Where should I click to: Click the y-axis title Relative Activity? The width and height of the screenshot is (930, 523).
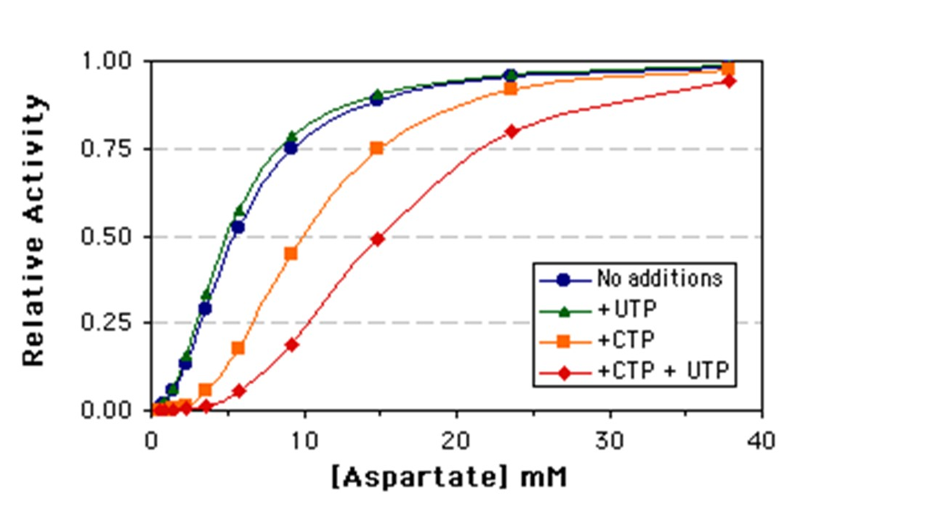34,231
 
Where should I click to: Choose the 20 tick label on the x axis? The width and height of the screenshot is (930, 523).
457,439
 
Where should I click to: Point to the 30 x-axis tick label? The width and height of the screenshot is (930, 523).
609,439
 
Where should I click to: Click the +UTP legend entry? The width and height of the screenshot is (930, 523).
627,309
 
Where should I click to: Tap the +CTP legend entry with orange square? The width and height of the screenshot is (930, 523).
627,340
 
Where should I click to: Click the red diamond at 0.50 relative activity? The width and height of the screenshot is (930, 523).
378,239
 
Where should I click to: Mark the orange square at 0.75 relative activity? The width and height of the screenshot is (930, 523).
377,148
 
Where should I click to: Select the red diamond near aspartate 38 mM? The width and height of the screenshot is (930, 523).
728,81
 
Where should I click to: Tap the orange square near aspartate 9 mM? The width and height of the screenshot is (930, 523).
292,253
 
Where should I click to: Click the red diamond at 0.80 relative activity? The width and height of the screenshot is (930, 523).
512,131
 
